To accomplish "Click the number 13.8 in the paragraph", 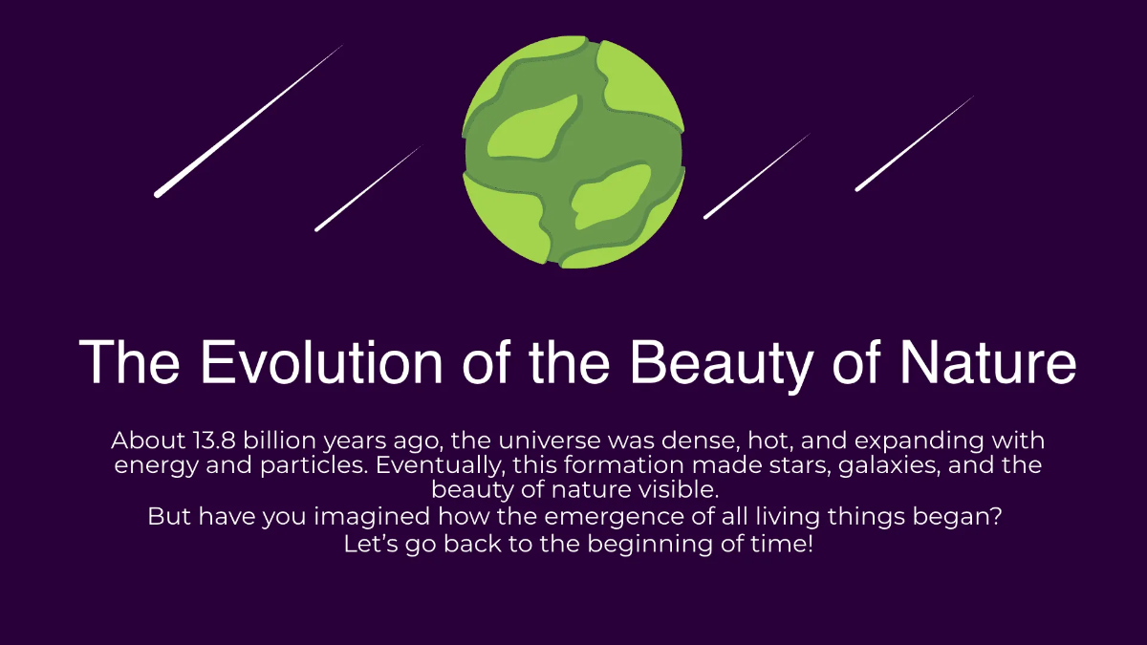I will pos(207,441).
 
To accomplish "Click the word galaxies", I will pos(895,466).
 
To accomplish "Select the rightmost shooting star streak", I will pos(914,143).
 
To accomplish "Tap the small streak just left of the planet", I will pos(367,189).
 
